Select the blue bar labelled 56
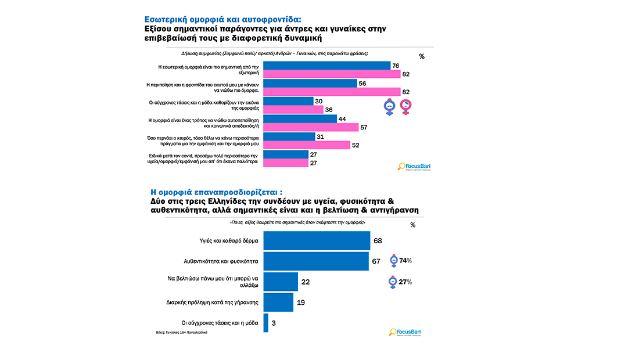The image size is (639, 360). click(x=310, y=83)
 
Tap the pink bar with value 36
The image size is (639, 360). click(x=293, y=110)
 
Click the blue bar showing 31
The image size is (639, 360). click(x=290, y=137)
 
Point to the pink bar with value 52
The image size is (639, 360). click(x=307, y=145)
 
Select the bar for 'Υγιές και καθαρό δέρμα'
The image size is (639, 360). click(x=317, y=240)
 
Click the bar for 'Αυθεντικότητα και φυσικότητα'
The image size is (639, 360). click(x=317, y=261)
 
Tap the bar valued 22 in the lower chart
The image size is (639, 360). click(x=281, y=282)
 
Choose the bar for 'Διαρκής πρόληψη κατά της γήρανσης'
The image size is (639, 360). click(x=278, y=302)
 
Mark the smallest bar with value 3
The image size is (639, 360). click(x=266, y=323)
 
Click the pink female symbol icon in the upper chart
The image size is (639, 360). click(x=407, y=106)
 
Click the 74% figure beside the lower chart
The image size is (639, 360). click(x=405, y=261)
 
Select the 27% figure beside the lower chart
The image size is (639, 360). click(x=405, y=282)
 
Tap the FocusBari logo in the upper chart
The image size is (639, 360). click(x=414, y=167)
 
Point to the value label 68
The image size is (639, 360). click(x=377, y=240)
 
